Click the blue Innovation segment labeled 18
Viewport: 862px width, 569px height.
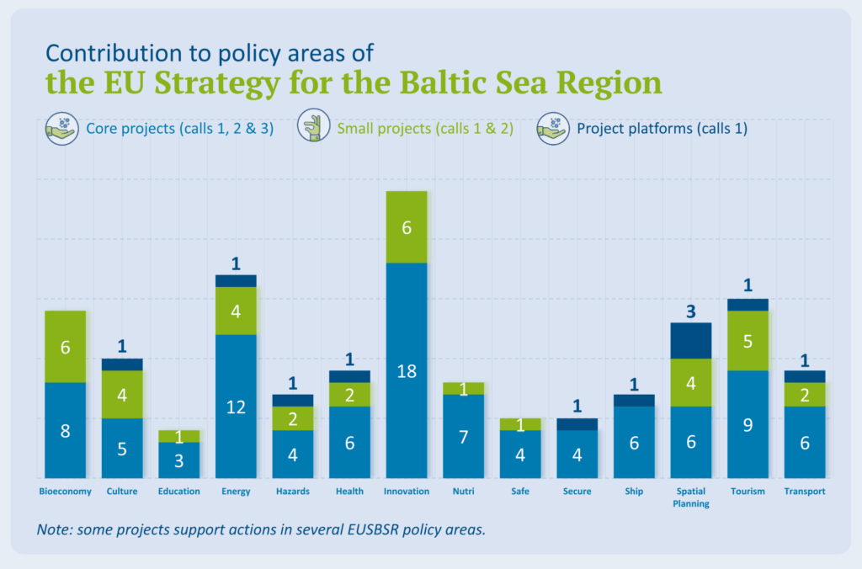point(407,370)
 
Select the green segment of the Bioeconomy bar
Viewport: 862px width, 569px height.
point(66,347)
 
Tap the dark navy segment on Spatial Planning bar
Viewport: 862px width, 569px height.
point(691,340)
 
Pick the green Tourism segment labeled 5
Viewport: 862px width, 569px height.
point(748,341)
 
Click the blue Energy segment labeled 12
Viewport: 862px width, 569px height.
point(236,406)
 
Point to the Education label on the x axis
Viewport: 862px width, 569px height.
point(178,492)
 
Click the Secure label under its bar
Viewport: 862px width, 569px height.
point(577,492)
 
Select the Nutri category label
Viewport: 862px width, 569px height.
point(463,492)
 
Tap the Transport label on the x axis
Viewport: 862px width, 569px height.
point(805,492)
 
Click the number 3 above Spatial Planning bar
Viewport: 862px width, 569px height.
point(691,311)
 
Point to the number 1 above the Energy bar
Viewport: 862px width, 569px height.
point(236,263)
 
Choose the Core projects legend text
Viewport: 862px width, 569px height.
point(179,129)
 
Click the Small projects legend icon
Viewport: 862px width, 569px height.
point(315,129)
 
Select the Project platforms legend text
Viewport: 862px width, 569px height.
point(662,129)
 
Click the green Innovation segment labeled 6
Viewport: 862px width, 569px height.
point(407,227)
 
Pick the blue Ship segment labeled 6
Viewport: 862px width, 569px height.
point(634,442)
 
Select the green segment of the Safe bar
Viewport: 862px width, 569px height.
point(520,424)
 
